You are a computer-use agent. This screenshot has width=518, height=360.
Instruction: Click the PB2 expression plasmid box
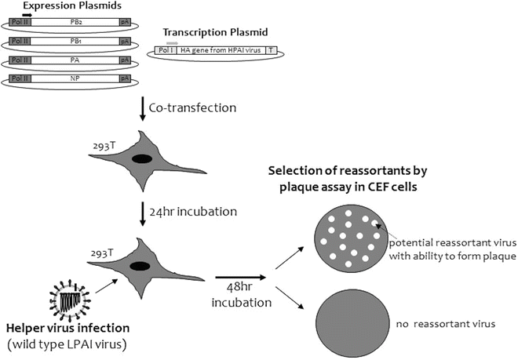(x=76, y=25)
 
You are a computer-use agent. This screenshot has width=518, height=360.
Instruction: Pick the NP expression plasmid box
(x=76, y=79)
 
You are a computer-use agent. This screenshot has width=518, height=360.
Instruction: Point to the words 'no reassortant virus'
(x=436, y=322)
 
